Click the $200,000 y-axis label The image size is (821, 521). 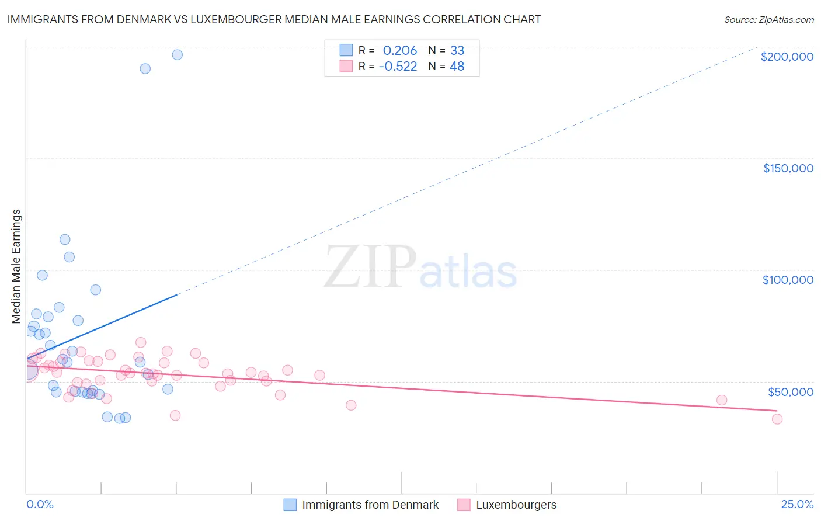(787, 57)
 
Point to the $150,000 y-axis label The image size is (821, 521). (788, 168)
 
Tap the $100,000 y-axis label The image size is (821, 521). (788, 280)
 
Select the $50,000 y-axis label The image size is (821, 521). (790, 391)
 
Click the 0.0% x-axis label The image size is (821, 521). (40, 505)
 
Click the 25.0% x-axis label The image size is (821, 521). (797, 505)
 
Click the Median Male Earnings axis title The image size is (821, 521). (16, 266)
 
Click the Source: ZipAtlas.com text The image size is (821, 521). (768, 19)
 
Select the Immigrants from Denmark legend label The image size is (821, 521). (370, 505)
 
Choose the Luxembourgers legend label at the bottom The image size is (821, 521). (516, 505)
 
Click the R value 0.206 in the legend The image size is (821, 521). (400, 51)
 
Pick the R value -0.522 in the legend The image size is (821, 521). (398, 67)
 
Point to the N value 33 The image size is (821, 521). (457, 51)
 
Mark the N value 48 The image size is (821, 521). (457, 67)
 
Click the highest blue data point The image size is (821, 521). (177, 55)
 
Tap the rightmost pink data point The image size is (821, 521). (777, 419)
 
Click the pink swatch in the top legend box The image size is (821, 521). (346, 66)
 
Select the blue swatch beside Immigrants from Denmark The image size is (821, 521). (290, 505)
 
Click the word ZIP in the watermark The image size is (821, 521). (370, 267)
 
